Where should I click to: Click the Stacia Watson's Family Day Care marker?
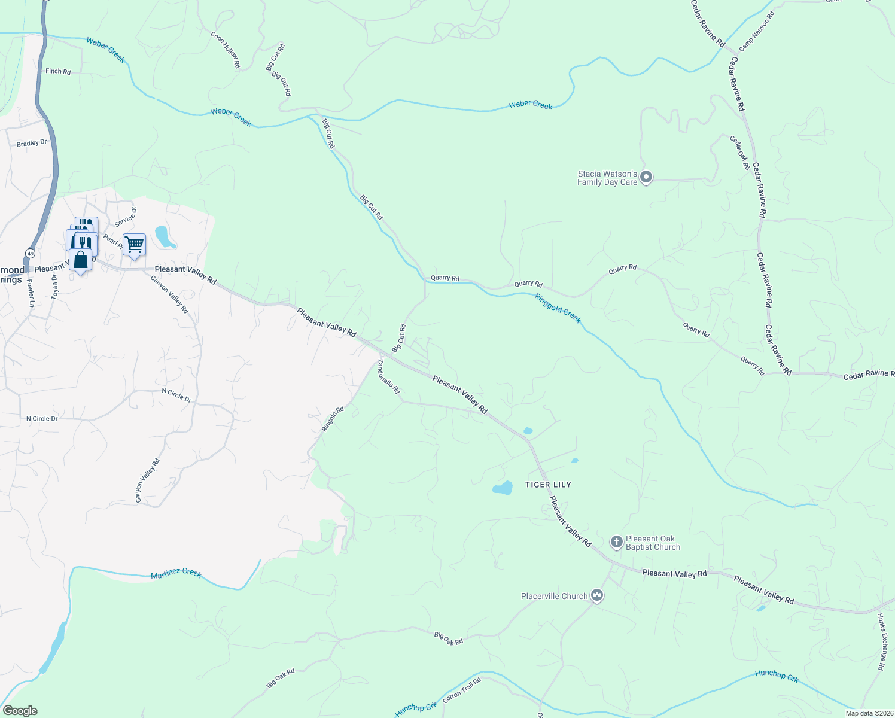(x=646, y=178)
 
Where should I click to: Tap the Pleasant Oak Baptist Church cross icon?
(x=616, y=542)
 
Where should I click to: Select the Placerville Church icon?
(x=596, y=595)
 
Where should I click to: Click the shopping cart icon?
(x=134, y=245)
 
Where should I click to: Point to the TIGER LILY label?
(x=548, y=485)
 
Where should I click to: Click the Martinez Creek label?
(x=176, y=573)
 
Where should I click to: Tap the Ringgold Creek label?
(x=558, y=308)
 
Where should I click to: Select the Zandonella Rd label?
(x=388, y=376)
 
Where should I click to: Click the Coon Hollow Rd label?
(x=226, y=50)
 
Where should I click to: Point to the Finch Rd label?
(x=58, y=71)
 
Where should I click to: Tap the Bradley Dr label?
(x=32, y=144)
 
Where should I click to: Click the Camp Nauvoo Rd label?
(x=756, y=31)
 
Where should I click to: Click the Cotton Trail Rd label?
(x=462, y=689)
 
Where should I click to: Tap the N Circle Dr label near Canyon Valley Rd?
(x=176, y=395)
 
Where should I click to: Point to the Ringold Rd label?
(x=333, y=419)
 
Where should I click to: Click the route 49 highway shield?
(x=29, y=254)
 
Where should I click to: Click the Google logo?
(x=20, y=711)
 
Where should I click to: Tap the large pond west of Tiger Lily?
(x=503, y=488)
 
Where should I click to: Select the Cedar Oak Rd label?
(x=739, y=153)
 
